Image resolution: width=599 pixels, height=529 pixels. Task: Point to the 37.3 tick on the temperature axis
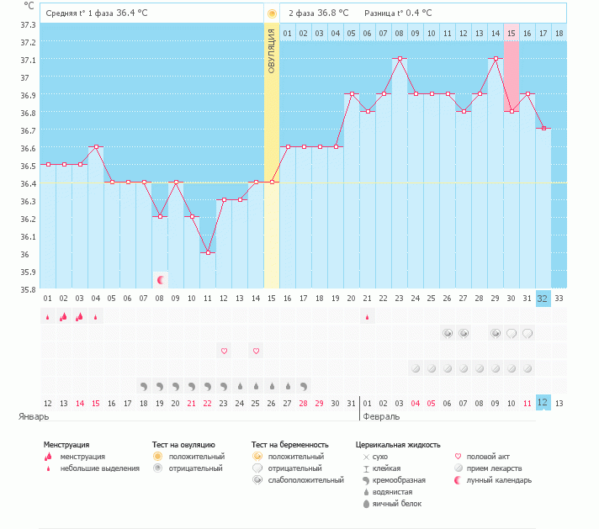(27, 24)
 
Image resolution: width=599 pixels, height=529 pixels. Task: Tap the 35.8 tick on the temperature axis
(27, 289)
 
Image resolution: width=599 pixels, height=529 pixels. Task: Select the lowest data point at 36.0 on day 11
(208, 252)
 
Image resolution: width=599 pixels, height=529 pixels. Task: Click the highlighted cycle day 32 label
(543, 298)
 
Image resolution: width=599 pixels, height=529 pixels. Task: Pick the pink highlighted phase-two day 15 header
(511, 33)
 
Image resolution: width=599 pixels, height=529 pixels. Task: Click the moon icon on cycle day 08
(160, 279)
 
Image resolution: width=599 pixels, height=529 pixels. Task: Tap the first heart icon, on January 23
(224, 351)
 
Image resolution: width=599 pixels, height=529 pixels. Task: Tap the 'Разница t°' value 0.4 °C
(416, 13)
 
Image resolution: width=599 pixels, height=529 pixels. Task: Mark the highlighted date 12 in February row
(543, 403)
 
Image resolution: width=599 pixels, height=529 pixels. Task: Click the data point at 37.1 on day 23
(400, 59)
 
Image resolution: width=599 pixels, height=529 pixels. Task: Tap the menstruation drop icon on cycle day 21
(368, 317)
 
